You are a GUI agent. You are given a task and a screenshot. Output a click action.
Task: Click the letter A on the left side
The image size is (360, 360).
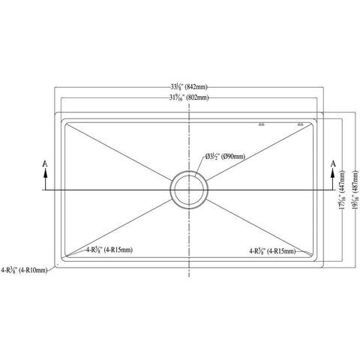point(46,163)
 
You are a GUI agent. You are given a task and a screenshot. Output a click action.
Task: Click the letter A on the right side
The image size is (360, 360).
point(332,163)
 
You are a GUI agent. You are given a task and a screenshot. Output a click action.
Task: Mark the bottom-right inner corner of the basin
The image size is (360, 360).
point(310,256)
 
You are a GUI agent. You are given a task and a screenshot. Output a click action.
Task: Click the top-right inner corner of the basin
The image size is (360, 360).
point(310,121)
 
